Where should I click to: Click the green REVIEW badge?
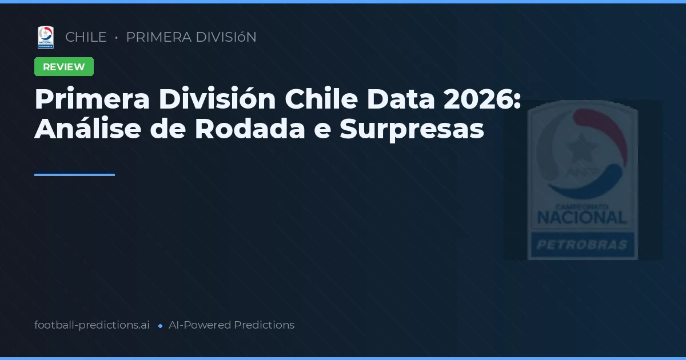click(x=64, y=67)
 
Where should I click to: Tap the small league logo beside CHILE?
click(x=46, y=37)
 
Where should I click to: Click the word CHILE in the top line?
click(x=86, y=37)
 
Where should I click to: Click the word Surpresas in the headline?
click(x=412, y=129)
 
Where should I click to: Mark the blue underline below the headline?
click(x=74, y=175)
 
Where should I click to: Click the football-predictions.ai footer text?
click(x=92, y=325)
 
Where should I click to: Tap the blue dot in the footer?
click(x=160, y=326)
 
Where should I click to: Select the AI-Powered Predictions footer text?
click(x=232, y=325)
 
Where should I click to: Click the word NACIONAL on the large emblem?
click(x=582, y=217)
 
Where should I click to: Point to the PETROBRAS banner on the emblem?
click(x=582, y=246)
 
